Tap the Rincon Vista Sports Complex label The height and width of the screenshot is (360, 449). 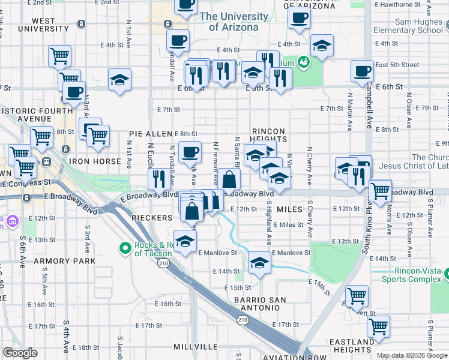(x=409, y=275)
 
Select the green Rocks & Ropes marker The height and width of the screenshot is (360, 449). (x=125, y=247)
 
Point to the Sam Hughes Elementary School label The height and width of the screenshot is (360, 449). (x=408, y=25)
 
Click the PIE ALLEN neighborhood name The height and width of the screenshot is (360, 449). (x=151, y=134)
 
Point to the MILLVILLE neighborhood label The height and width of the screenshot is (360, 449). (x=196, y=347)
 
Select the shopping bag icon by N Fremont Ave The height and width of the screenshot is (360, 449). (x=229, y=179)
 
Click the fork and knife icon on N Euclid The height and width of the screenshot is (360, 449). (x=159, y=179)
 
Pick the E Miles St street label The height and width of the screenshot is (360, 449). (x=292, y=224)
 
